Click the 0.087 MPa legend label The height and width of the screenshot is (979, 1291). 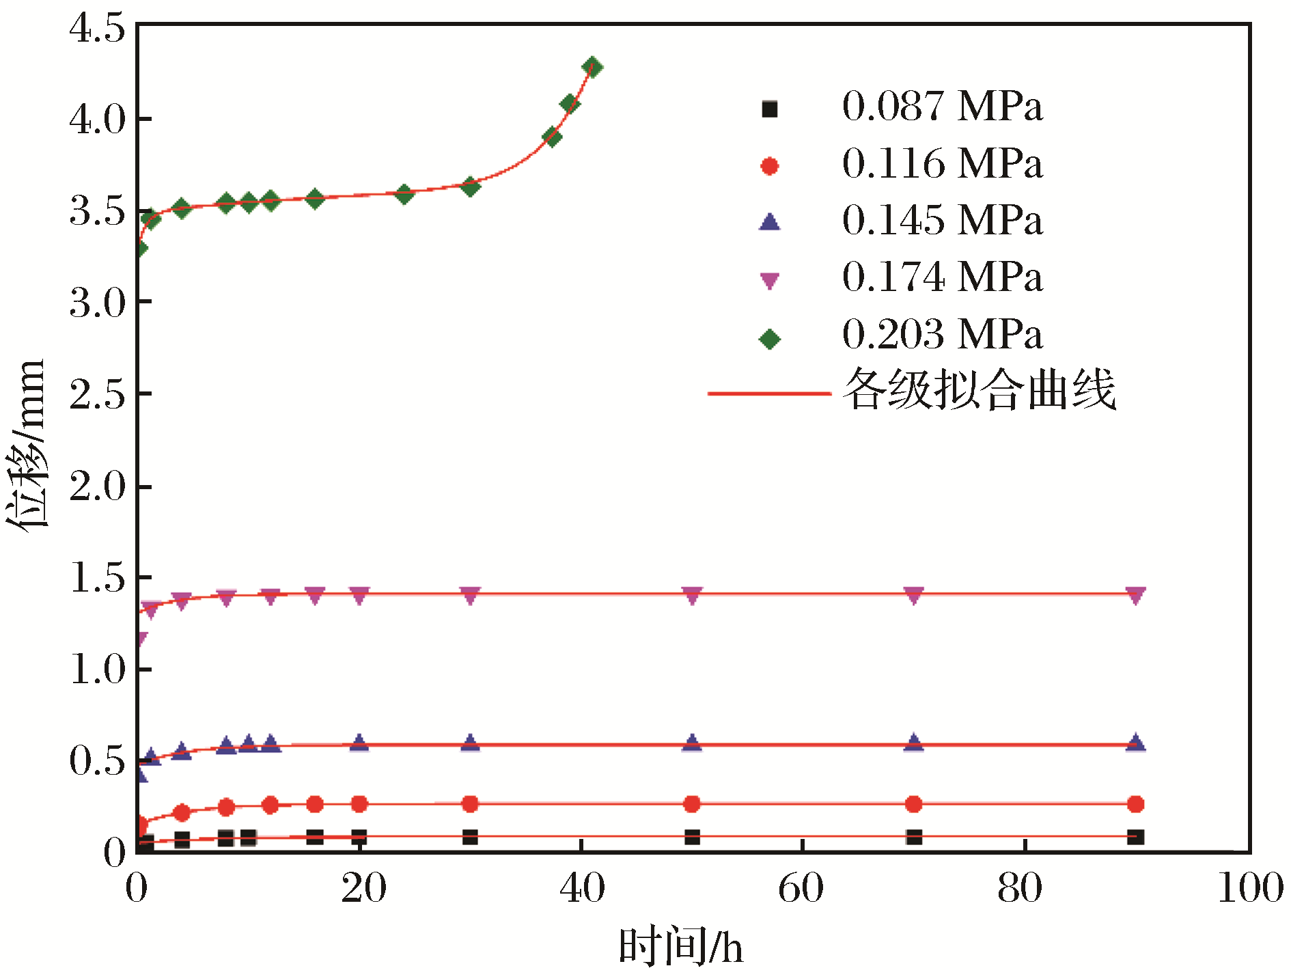pos(942,107)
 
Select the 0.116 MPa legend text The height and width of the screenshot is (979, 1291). pos(942,165)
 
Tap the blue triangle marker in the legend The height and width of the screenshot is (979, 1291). pos(769,221)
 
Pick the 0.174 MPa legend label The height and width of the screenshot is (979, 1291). pos(942,278)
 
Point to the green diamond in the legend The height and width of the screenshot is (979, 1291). pos(769,339)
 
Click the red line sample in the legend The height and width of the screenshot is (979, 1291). pos(769,394)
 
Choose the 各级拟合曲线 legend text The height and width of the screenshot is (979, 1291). pos(978,389)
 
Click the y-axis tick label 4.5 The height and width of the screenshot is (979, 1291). pos(97,29)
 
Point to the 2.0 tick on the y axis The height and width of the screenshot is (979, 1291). pos(97,486)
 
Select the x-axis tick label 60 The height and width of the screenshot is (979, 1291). pos(801,889)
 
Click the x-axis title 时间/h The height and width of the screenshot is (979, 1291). pos(680,947)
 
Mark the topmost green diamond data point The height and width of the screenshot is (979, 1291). pos(592,67)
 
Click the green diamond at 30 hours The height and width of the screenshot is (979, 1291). pos(470,186)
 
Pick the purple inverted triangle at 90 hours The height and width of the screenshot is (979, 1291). pos(1135,595)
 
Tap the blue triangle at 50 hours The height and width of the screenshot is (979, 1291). pos(692,743)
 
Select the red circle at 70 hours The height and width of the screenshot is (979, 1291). pos(913,804)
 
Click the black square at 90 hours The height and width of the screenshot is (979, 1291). pos(1135,837)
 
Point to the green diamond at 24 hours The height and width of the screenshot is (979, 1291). pos(404,194)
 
